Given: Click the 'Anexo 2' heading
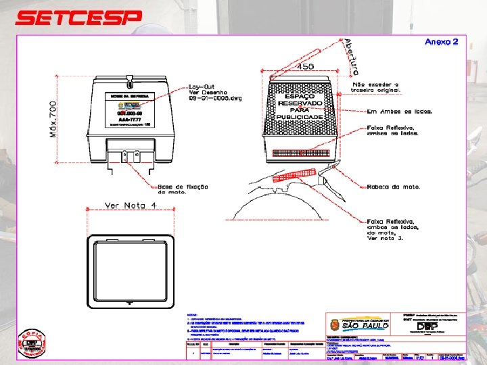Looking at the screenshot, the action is coord(441,42).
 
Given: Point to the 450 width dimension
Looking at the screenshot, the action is coord(305,66).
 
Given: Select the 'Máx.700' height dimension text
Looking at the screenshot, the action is coord(53,120).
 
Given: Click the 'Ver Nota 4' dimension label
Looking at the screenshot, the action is coord(131,205).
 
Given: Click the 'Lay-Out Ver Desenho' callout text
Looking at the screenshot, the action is coord(212,93).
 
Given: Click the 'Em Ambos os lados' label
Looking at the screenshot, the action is coord(398,110).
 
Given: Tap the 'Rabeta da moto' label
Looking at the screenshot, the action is coord(394,186).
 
